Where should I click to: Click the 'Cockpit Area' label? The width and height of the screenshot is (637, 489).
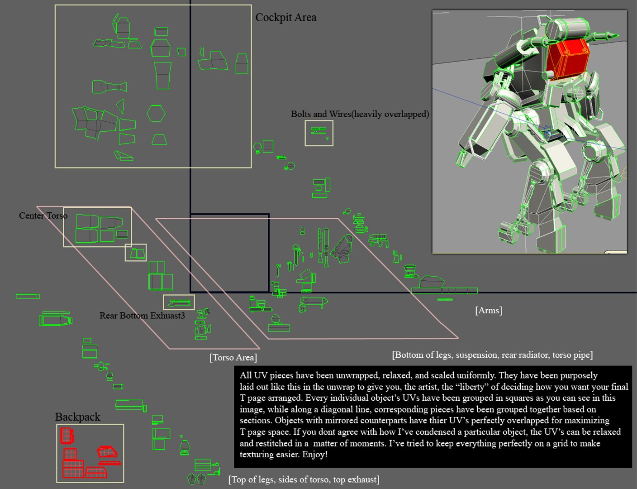(x=285, y=18)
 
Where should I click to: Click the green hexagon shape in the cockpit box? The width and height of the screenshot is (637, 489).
(x=156, y=113)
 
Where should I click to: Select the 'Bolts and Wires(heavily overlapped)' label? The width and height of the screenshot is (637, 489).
(x=360, y=114)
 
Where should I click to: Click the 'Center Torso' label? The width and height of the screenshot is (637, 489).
(x=43, y=216)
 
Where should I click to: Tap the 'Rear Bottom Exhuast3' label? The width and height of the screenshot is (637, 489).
(x=142, y=316)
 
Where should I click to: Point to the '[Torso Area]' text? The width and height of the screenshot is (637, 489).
(x=233, y=357)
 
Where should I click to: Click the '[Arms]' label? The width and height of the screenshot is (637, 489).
(x=489, y=310)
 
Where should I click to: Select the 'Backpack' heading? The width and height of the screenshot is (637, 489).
(x=77, y=417)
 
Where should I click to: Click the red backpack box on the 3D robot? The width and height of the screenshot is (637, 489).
(x=568, y=59)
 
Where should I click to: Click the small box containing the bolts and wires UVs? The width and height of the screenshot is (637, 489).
(x=319, y=133)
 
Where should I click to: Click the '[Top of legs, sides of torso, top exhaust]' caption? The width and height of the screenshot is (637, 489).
(x=304, y=479)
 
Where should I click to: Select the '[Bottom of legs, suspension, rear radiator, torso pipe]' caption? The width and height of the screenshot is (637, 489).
(x=492, y=355)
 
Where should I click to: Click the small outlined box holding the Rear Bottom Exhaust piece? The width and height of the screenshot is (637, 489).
(x=179, y=302)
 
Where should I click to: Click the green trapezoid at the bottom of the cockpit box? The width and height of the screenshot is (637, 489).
(x=159, y=139)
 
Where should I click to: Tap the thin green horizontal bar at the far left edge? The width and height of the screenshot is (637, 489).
(x=28, y=296)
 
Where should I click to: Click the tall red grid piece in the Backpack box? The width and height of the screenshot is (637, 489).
(x=67, y=436)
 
